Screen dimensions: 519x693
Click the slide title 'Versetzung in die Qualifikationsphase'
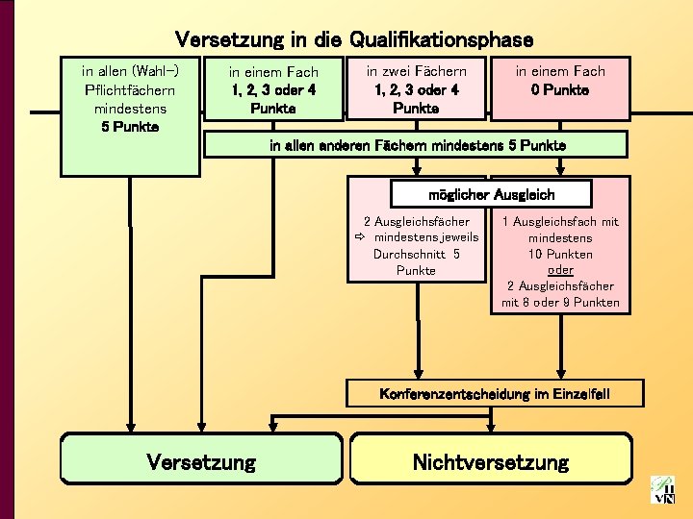353,39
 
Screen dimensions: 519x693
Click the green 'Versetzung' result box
201,461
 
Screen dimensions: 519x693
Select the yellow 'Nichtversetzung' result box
491,461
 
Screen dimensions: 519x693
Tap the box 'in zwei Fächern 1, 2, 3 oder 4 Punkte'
416,88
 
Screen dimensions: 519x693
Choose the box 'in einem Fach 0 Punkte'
560,88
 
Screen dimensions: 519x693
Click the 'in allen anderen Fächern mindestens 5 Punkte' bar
418,144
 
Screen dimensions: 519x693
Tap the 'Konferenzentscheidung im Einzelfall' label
495,394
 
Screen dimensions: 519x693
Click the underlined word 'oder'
560,270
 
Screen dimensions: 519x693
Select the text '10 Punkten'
560,254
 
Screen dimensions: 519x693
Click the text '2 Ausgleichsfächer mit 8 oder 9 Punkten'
560,294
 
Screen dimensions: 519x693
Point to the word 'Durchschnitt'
409,254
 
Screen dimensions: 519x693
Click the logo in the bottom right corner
663,490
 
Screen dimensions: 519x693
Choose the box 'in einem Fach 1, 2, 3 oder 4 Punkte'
273,89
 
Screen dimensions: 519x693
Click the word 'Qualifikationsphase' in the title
442,39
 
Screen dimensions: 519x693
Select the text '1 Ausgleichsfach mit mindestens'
560,229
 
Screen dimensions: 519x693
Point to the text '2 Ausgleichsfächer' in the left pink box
416,221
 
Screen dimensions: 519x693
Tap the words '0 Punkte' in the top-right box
560,89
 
